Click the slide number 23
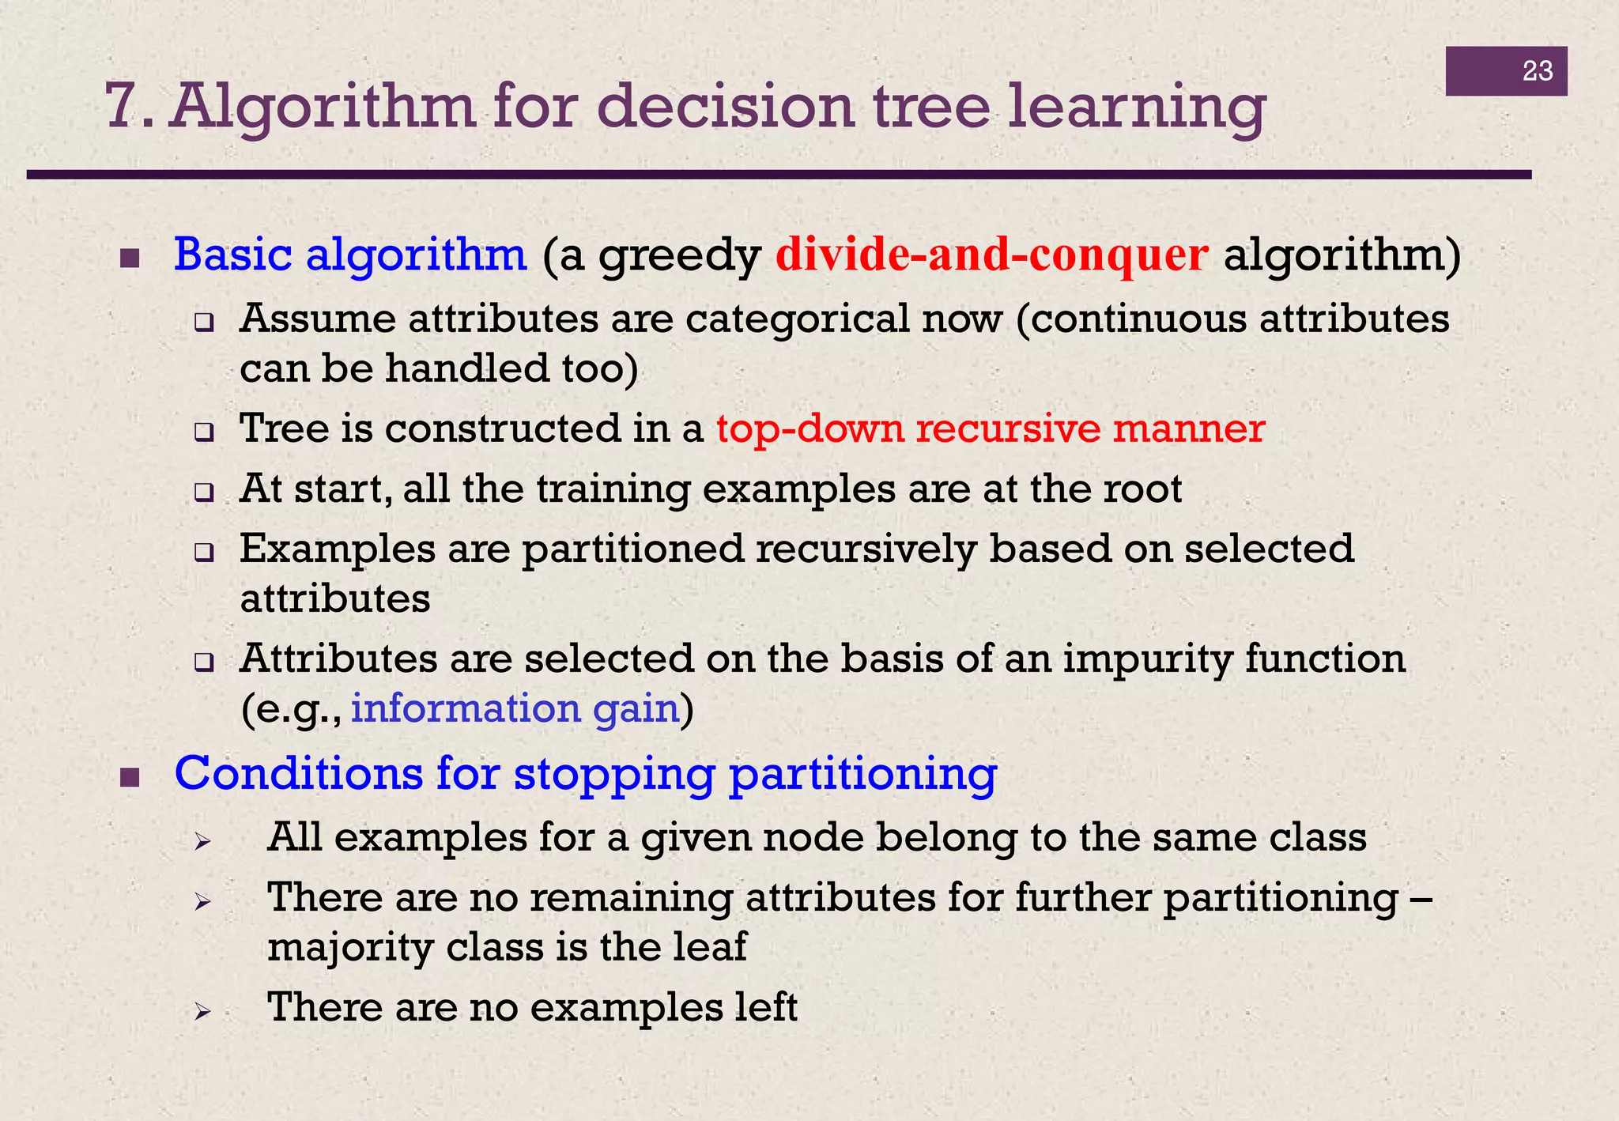pos(1537,71)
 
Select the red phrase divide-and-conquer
pos(991,255)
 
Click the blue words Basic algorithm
pos(349,255)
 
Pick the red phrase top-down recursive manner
pos(990,428)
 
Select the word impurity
pos(1146,659)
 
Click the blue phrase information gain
pos(515,708)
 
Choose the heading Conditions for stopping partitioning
pos(585,773)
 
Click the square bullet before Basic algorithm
pos(130,259)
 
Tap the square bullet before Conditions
pos(130,778)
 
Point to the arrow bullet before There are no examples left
pos(202,1011)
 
